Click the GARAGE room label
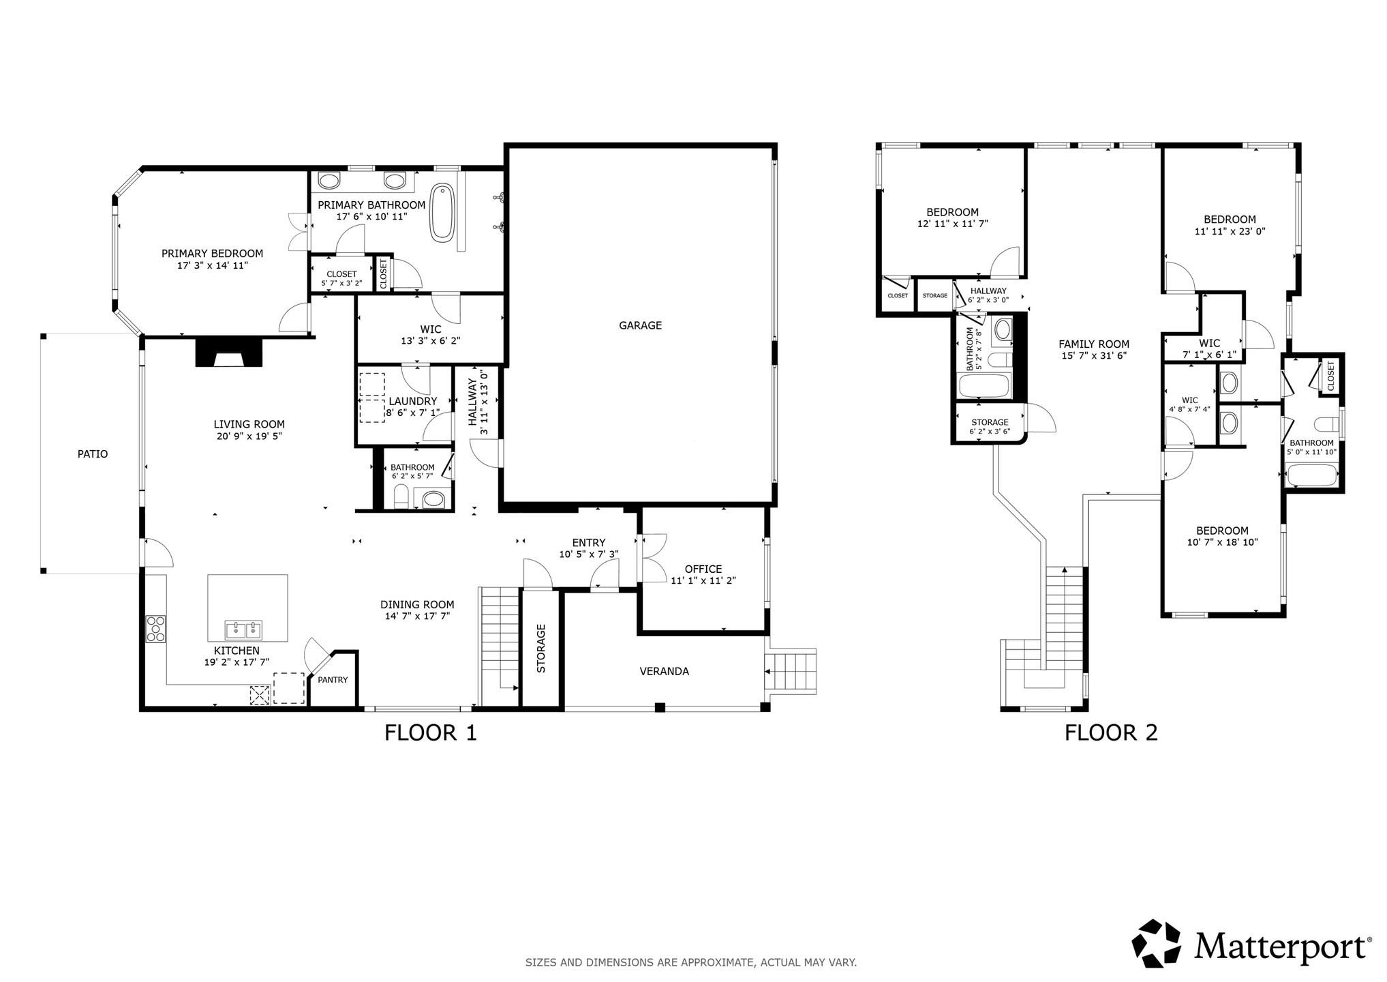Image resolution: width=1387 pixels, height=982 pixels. [x=640, y=326]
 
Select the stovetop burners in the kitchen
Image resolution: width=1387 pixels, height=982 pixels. [x=155, y=629]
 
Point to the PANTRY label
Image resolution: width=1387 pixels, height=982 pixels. [x=333, y=680]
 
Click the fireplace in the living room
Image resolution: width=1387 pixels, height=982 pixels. [x=228, y=354]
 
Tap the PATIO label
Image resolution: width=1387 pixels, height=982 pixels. [x=93, y=454]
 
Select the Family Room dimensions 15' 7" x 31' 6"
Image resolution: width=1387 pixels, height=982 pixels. [x=1093, y=355]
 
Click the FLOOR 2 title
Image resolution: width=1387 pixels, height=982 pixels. [x=1111, y=733]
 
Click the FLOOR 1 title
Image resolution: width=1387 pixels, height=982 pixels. [x=431, y=733]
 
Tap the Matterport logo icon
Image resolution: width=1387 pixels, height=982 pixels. [x=1156, y=944]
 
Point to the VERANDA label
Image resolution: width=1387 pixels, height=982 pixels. [x=664, y=672]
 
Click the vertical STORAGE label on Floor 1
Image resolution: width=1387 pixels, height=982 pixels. [x=541, y=649]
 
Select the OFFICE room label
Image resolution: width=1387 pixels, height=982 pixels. [x=703, y=569]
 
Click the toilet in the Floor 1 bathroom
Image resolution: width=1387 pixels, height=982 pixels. [x=401, y=497]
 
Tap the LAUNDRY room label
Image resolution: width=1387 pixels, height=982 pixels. [x=412, y=402]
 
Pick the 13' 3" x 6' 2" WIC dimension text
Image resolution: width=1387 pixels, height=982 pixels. [x=431, y=341]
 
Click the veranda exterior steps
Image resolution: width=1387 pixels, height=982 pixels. [x=791, y=672]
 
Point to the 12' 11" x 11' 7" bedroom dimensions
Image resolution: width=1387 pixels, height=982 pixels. [x=952, y=224]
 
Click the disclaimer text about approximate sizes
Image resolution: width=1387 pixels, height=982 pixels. [x=690, y=963]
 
